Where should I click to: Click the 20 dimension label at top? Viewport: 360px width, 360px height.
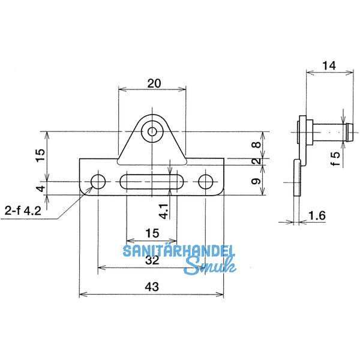(x=154, y=84)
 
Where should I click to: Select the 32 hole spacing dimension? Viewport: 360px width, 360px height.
(x=152, y=261)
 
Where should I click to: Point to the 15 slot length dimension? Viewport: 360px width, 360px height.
(x=151, y=232)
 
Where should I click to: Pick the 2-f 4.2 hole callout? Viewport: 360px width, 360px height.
(x=23, y=211)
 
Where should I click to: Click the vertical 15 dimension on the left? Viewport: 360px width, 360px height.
(x=40, y=154)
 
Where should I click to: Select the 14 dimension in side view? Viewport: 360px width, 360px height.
(x=329, y=66)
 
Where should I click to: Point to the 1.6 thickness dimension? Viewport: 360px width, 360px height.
(x=319, y=215)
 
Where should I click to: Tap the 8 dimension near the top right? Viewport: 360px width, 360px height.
(x=256, y=145)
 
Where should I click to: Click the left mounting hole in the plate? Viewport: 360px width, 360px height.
(x=97, y=181)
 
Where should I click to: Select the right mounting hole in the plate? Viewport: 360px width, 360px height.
(x=206, y=181)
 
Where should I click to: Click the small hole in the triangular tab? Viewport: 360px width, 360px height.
(x=152, y=131)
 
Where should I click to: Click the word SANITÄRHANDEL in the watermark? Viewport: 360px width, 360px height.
(x=179, y=251)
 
